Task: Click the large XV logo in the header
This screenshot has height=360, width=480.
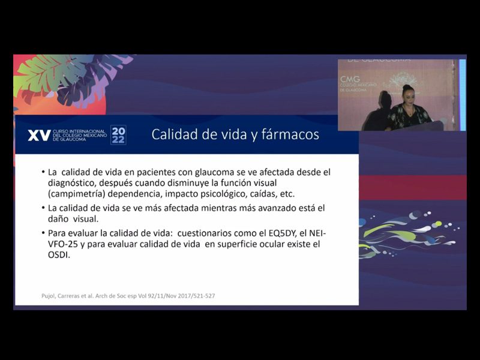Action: [x=39, y=135]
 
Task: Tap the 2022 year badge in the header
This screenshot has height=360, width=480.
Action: [x=119, y=135]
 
